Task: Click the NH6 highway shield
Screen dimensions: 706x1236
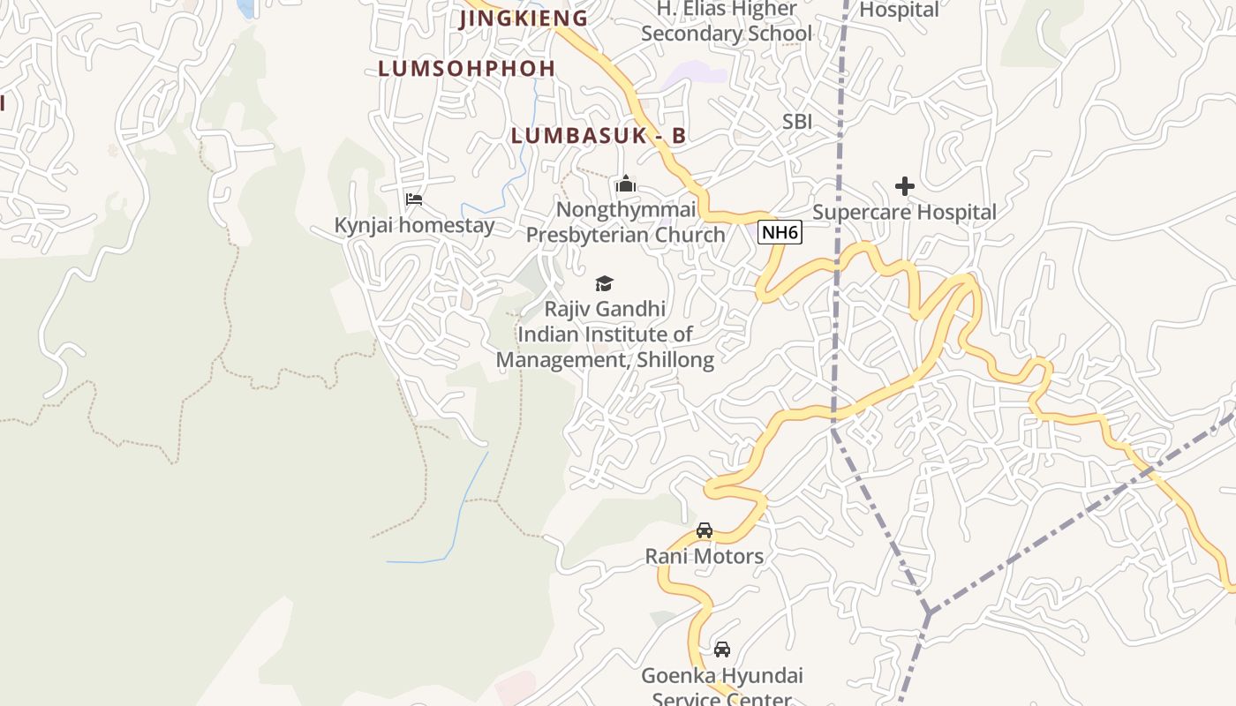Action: [780, 233]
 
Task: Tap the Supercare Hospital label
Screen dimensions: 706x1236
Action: [904, 212]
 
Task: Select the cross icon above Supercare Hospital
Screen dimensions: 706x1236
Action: [905, 186]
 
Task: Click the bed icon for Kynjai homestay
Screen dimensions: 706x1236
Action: [413, 199]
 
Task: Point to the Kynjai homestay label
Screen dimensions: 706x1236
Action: [414, 225]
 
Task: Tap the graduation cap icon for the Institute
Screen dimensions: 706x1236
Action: [604, 283]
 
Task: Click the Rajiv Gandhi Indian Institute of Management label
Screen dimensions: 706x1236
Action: [605, 334]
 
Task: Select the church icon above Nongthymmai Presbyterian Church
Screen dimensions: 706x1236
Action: [626, 184]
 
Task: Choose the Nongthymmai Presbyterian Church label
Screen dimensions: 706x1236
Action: [626, 222]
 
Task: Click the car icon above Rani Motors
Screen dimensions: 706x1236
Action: [704, 530]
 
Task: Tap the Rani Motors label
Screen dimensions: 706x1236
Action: [704, 556]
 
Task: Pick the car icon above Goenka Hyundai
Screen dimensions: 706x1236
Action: [722, 650]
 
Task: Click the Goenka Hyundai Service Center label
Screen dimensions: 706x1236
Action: [722, 687]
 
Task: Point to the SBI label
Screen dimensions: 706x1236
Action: [797, 122]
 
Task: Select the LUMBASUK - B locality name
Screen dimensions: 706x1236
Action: [599, 136]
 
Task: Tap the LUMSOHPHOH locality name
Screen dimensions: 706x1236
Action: [467, 68]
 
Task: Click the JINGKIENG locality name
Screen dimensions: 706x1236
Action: [524, 18]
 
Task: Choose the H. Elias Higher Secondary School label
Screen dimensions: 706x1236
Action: [727, 21]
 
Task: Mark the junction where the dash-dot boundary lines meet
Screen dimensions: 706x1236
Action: [929, 611]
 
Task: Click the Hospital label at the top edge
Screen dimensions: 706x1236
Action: [899, 10]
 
